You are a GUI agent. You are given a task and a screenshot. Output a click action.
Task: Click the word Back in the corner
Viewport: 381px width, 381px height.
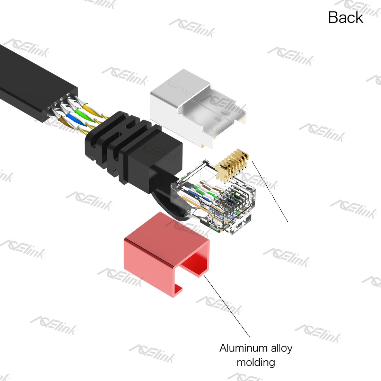click(346, 17)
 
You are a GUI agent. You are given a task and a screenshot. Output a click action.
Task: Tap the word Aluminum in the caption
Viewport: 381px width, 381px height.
click(243, 348)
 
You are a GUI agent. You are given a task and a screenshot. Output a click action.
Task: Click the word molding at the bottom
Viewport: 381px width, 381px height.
click(256, 363)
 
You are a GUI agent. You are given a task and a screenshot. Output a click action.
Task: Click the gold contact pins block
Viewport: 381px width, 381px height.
click(232, 165)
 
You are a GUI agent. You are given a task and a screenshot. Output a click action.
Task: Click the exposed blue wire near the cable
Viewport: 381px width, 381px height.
click(75, 119)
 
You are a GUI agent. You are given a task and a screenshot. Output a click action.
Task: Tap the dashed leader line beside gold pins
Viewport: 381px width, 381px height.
click(270, 192)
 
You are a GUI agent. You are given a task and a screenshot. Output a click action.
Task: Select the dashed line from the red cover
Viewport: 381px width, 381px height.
click(227, 306)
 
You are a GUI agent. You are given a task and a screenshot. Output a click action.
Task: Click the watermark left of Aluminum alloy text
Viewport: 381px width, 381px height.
click(152, 354)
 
